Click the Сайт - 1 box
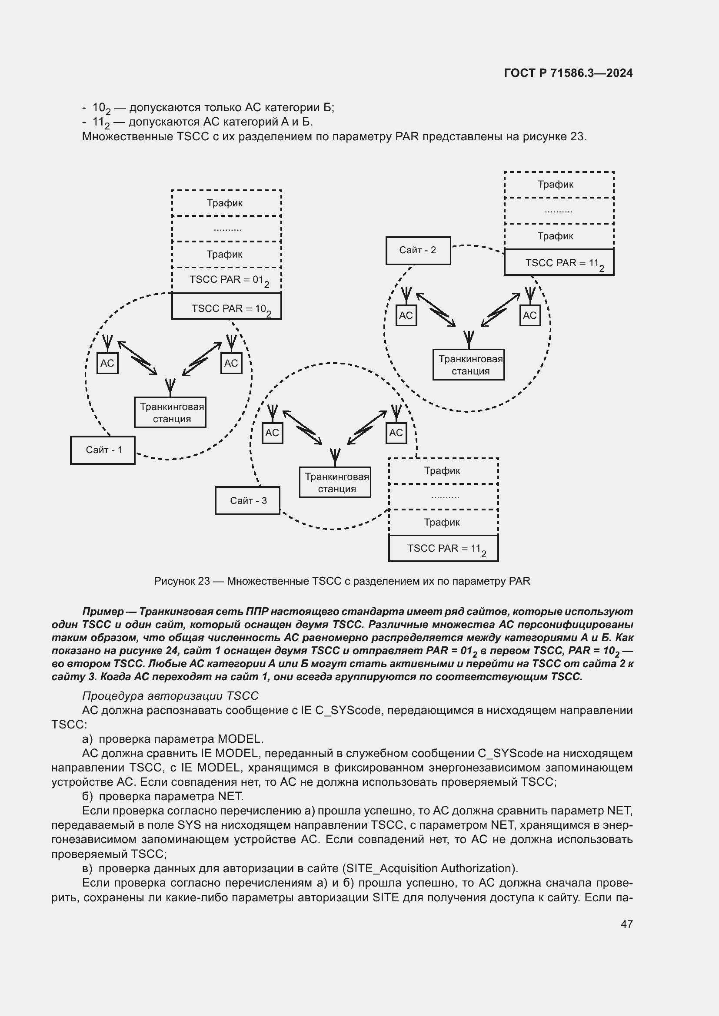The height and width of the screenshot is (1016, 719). (103, 450)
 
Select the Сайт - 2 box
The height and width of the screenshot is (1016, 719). (418, 251)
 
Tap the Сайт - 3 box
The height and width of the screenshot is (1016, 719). (247, 500)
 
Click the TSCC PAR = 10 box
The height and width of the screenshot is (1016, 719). (226, 306)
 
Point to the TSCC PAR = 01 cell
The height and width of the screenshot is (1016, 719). (226, 280)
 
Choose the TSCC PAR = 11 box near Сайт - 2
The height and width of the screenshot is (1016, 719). (559, 262)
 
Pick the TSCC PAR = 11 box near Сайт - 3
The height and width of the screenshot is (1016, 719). (443, 548)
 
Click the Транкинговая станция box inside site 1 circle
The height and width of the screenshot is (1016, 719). (170, 412)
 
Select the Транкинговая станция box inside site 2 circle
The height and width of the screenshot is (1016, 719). (469, 364)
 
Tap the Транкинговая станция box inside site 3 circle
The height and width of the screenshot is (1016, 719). (335, 482)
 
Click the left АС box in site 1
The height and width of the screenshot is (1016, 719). (107, 363)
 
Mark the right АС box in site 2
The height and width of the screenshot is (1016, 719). (530, 315)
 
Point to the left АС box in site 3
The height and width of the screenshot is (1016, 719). (272, 432)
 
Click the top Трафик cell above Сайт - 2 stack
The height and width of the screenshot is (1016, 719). (559, 185)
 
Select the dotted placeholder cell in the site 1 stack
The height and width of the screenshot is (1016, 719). (226, 229)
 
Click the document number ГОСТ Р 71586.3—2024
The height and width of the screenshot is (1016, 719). (568, 73)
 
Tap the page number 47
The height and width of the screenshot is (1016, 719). (626, 923)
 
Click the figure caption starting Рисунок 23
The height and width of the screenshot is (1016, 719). (342, 581)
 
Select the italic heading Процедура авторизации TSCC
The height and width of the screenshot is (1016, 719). (170, 695)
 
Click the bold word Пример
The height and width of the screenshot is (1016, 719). (103, 612)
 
